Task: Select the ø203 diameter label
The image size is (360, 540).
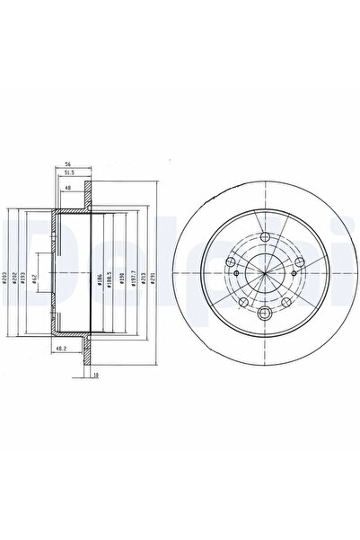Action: (5, 279)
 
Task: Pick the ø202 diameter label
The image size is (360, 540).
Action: (17, 279)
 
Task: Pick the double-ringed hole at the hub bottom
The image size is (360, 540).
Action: (267, 314)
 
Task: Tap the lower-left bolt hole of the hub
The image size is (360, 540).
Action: (241, 300)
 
